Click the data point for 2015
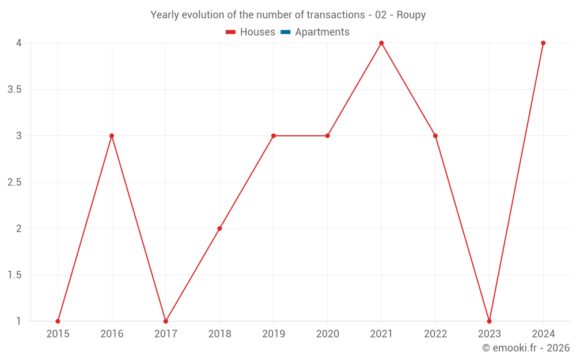click(x=58, y=321)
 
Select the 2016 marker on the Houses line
click(x=112, y=136)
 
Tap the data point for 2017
click(x=165, y=321)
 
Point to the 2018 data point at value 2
click(x=219, y=229)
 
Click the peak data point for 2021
click(x=381, y=43)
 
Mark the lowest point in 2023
click(x=489, y=321)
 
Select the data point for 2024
click(x=543, y=43)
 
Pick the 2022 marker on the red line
click(x=435, y=136)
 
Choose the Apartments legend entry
click(x=322, y=32)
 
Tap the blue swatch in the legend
click(x=286, y=32)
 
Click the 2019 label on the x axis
click(x=273, y=334)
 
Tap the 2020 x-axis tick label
click(x=327, y=334)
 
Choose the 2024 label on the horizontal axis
click(x=543, y=334)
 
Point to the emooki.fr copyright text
click(x=526, y=348)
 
